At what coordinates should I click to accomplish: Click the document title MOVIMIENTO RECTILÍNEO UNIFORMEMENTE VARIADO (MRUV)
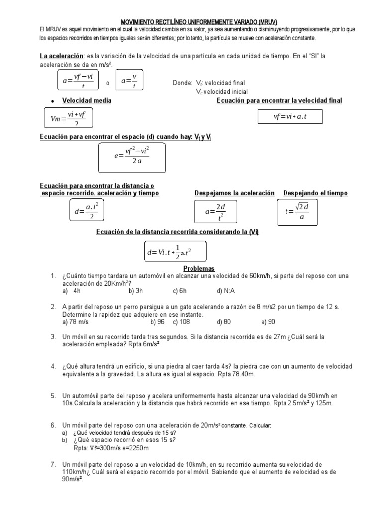click(x=198, y=22)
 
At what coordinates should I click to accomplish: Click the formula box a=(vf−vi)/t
click(x=78, y=81)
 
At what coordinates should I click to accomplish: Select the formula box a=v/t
click(x=129, y=80)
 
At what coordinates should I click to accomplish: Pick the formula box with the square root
click(x=297, y=211)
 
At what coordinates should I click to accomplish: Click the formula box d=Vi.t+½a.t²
click(x=169, y=252)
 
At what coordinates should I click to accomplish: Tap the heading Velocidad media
click(x=87, y=101)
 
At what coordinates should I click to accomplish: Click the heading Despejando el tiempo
click(x=315, y=193)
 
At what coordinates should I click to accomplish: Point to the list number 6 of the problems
click(x=53, y=425)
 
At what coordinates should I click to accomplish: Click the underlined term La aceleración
click(x=61, y=56)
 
